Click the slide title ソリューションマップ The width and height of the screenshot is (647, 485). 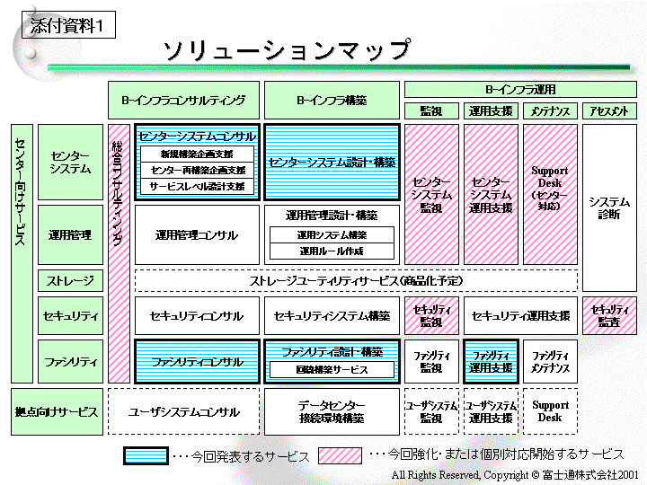pyautogui.click(x=286, y=49)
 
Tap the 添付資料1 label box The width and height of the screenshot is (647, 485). pyautogui.click(x=67, y=26)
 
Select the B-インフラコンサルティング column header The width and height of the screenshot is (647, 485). pyautogui.click(x=183, y=101)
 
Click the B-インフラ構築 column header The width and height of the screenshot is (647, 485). pyautogui.click(x=332, y=101)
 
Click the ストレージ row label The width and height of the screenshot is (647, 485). pyautogui.click(x=70, y=281)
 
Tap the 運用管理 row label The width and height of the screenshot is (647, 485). pyautogui.click(x=70, y=235)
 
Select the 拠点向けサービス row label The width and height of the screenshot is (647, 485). pyautogui.click(x=57, y=412)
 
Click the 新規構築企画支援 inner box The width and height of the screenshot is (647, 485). pyautogui.click(x=197, y=154)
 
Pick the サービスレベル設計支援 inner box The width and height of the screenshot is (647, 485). pyautogui.click(x=197, y=186)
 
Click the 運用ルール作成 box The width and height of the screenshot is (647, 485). pyautogui.click(x=331, y=251)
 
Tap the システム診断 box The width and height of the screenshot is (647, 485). pyautogui.click(x=609, y=207)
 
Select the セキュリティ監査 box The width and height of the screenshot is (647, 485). pyautogui.click(x=609, y=315)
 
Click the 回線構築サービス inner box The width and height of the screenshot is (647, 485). pyautogui.click(x=332, y=369)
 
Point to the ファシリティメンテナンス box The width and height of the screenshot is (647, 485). pyautogui.click(x=550, y=362)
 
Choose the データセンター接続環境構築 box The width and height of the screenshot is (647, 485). pyautogui.click(x=331, y=412)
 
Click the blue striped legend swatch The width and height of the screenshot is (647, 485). pyautogui.click(x=146, y=456)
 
